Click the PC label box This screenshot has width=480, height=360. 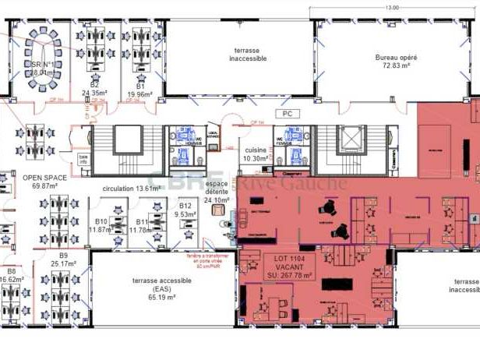point(288,114)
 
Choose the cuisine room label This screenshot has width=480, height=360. point(254,150)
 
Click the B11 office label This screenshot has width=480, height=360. point(142,222)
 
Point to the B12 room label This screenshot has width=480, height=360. point(185,206)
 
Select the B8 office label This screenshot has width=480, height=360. point(11,270)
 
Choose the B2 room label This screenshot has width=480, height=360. point(94,84)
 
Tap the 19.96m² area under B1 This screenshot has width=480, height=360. point(139,94)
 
